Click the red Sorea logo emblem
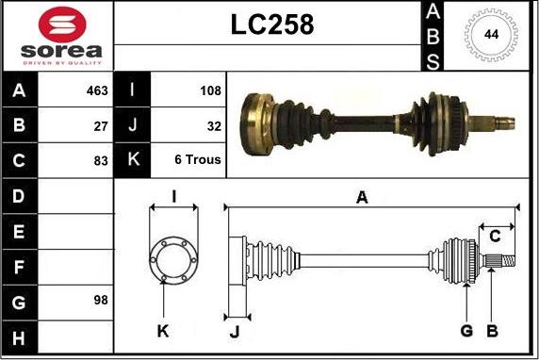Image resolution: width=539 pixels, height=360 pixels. coord(62,25)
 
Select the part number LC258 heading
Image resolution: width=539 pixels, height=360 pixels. coord(272,25)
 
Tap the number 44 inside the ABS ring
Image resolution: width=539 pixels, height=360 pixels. coord(492,34)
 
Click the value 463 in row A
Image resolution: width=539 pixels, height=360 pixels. coord(97,90)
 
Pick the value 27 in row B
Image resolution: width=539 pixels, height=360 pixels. coord(101,126)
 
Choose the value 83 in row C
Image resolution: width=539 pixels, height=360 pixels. coord(101,160)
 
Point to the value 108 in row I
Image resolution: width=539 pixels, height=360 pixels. coord(210,90)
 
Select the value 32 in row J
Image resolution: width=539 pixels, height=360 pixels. coord(214,126)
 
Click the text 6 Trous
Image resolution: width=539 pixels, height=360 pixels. coord(198,159)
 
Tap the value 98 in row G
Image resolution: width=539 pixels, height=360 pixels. coord(101,301)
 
